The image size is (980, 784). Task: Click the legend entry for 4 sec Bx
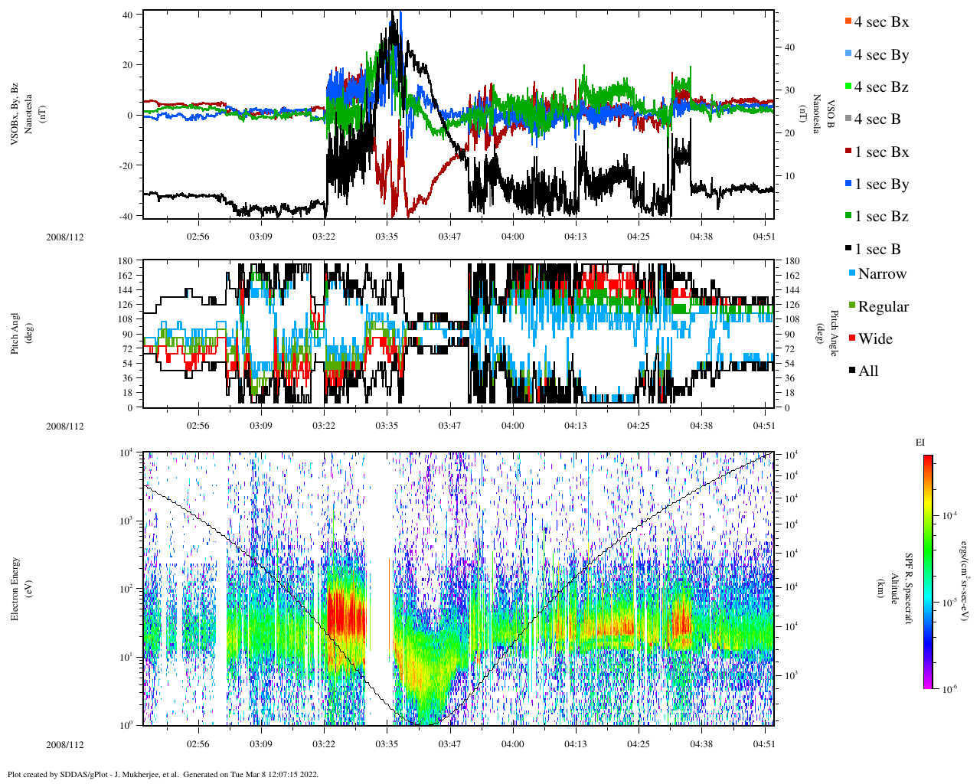[x=880, y=22]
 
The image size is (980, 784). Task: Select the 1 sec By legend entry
[x=880, y=185]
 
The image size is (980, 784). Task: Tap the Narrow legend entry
[x=881, y=274]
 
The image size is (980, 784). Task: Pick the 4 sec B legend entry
[x=877, y=119]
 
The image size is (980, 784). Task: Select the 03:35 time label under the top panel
[x=387, y=237]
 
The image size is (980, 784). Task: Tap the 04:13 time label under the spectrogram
[x=576, y=744]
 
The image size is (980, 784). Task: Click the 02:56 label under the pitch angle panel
[x=198, y=426]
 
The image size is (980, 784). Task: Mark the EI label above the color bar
[x=920, y=443]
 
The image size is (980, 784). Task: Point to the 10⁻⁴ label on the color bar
[x=952, y=516]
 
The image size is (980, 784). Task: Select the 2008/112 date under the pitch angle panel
[x=65, y=426]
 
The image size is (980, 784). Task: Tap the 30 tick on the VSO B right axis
[x=789, y=90]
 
